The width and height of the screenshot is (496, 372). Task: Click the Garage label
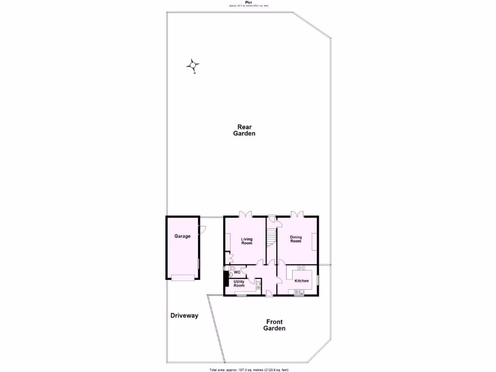point(183,236)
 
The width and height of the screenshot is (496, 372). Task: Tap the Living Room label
point(247,241)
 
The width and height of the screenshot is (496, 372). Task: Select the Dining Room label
point(295,239)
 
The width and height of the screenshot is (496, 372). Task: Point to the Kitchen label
point(302,281)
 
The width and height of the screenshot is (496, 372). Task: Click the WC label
point(237,272)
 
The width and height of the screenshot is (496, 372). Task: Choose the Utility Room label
point(239,283)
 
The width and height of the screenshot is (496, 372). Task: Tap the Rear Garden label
point(244,130)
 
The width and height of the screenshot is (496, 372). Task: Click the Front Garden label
point(274,325)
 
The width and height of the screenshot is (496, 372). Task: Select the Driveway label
point(185,316)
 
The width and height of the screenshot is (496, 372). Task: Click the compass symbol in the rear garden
point(193,65)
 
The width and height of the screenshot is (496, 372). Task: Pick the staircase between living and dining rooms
point(271,237)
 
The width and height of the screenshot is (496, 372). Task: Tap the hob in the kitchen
point(301,268)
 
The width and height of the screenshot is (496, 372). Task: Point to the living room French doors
point(246,214)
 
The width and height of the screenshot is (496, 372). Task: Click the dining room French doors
point(296,214)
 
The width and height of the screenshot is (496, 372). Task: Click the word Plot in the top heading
point(248,2)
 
